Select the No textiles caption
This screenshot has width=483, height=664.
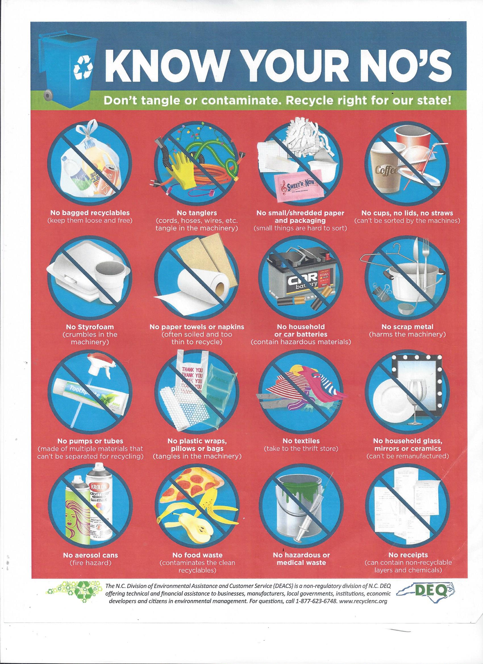pyautogui.click(x=301, y=440)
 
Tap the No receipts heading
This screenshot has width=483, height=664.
pyautogui.click(x=408, y=555)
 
